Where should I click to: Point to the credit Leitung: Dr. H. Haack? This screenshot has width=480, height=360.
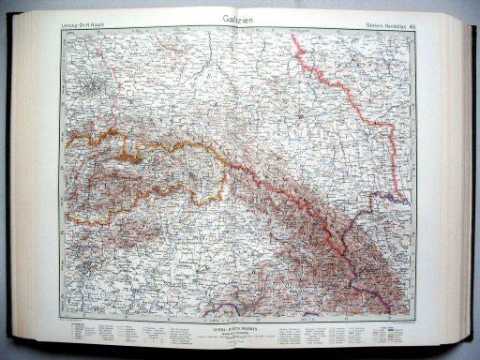point(84,24)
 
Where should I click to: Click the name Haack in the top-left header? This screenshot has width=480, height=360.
point(100,24)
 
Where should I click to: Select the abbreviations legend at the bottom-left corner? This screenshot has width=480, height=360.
point(90,334)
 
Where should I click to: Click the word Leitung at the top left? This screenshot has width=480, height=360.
point(68,24)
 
